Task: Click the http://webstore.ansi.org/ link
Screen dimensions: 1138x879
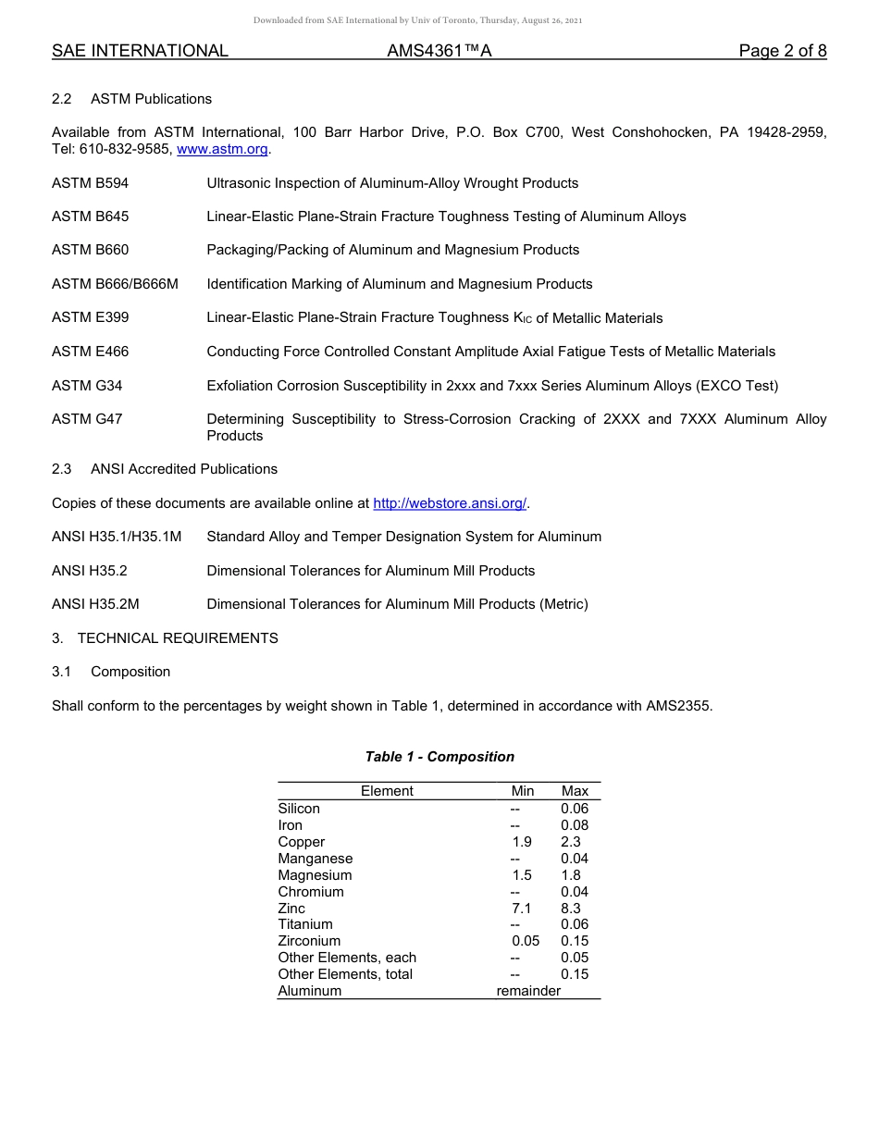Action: pyautogui.click(x=450, y=503)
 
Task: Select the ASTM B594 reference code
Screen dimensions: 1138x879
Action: pyautogui.click(x=91, y=183)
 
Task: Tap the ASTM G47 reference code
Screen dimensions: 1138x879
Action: pyautogui.click(x=87, y=419)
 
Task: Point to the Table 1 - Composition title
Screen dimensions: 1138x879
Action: pyautogui.click(x=439, y=757)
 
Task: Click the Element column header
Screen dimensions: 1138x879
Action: pyautogui.click(x=387, y=791)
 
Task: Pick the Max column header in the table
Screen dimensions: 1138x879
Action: pyautogui.click(x=575, y=791)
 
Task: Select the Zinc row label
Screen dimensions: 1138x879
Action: pyautogui.click(x=291, y=909)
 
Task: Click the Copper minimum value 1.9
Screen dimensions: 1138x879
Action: pyautogui.click(x=522, y=842)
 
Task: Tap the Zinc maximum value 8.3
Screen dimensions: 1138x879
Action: pyautogui.click(x=571, y=909)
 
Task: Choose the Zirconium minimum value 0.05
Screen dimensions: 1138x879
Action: pyautogui.click(x=526, y=941)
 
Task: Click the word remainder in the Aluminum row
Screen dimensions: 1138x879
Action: pyautogui.click(x=528, y=991)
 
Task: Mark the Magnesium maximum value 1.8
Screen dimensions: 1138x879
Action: pyautogui.click(x=571, y=875)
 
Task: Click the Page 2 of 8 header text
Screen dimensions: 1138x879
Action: pyautogui.click(x=783, y=51)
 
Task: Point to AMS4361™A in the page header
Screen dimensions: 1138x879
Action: pyautogui.click(x=439, y=51)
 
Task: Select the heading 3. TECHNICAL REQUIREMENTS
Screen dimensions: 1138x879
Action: pyautogui.click(x=165, y=638)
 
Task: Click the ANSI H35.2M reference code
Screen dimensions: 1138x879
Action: pyautogui.click(x=95, y=604)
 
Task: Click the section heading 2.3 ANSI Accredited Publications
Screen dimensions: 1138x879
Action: pyautogui.click(x=165, y=469)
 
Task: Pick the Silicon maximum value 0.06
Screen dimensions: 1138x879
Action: pyautogui.click(x=575, y=809)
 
